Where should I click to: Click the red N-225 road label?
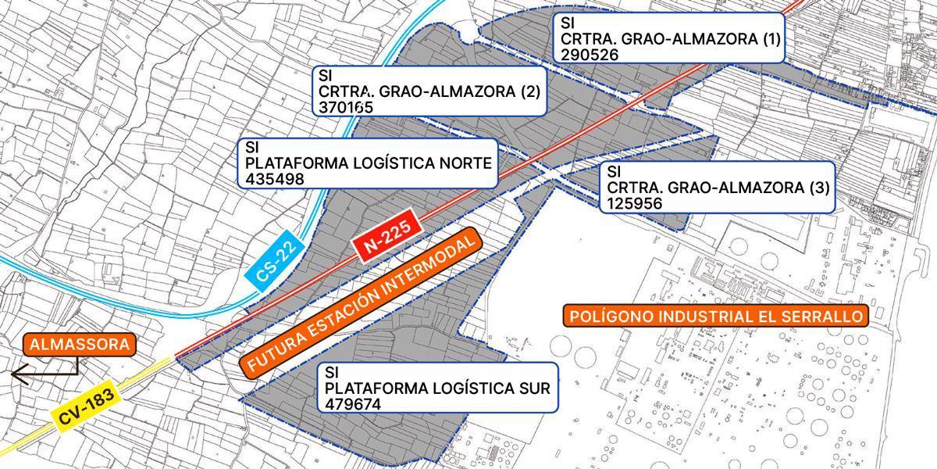tap(387, 237)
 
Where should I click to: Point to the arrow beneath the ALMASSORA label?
tap(43, 373)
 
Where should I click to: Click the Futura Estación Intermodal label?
tap(362, 303)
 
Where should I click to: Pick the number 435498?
tap(274, 179)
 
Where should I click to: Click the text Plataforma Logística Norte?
tap(368, 163)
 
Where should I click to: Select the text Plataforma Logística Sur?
tap(437, 388)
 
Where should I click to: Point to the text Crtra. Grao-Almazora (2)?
tap(429, 91)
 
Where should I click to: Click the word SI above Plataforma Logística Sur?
tap(331, 371)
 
